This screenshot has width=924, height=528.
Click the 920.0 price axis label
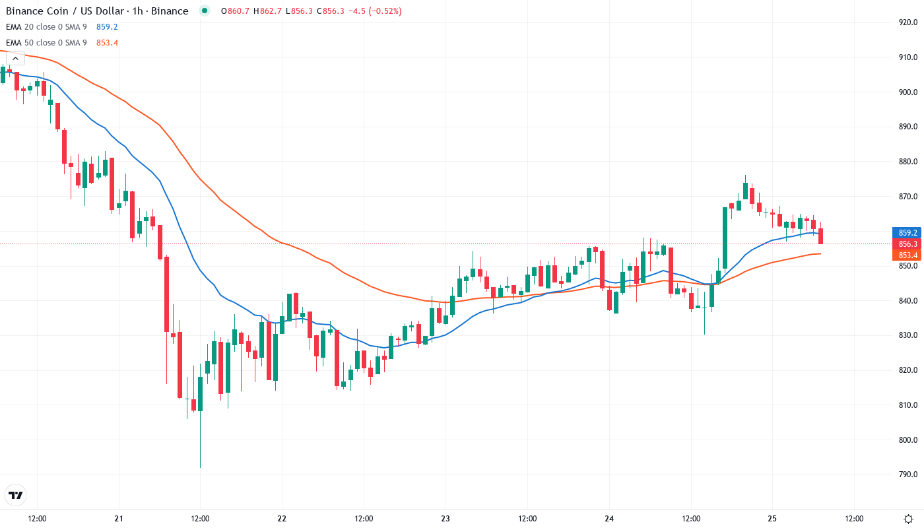tap(908, 22)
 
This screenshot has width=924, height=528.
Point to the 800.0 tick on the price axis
tap(908, 440)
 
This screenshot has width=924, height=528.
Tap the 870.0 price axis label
tap(908, 197)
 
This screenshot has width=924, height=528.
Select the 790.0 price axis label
tap(908, 475)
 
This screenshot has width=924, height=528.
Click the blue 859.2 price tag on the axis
tap(907, 233)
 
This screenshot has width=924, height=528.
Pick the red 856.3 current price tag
tap(907, 244)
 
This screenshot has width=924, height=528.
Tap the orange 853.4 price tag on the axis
tap(907, 255)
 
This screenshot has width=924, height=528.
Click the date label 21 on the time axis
tap(119, 519)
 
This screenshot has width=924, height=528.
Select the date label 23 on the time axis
tap(445, 519)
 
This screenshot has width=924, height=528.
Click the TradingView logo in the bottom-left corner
tap(16, 495)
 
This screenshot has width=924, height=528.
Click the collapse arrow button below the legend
tap(15, 58)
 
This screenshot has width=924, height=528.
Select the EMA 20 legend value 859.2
tap(107, 27)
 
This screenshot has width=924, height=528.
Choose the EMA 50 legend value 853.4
tap(107, 43)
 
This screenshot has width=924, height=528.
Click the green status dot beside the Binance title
tap(204, 11)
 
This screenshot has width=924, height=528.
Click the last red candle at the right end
tap(820, 236)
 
